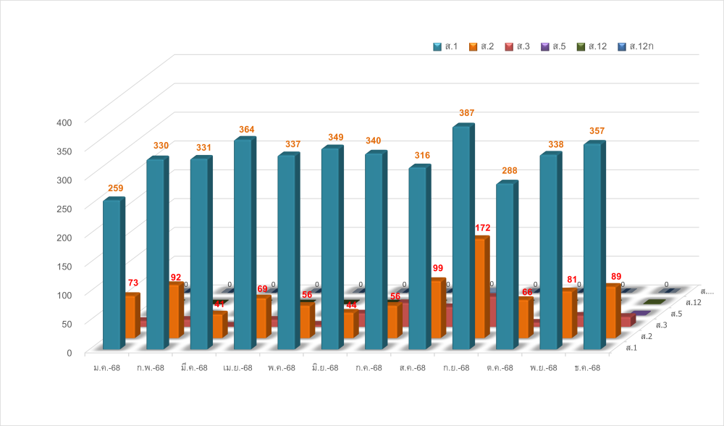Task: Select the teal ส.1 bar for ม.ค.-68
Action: click(x=111, y=275)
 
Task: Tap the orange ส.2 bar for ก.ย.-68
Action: click(x=479, y=288)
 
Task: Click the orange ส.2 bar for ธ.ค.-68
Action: click(x=611, y=312)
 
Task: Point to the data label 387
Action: click(x=466, y=113)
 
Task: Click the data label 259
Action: click(x=115, y=188)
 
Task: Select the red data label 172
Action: click(x=482, y=228)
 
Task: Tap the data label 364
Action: click(x=247, y=130)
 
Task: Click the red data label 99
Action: click(x=438, y=268)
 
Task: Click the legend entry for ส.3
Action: click(x=518, y=46)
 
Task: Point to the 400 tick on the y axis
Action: click(x=64, y=122)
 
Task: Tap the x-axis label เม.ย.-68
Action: click(x=237, y=368)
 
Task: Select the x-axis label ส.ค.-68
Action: click(x=412, y=368)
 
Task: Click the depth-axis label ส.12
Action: click(x=693, y=302)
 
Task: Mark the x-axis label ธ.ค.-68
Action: click(x=586, y=368)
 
